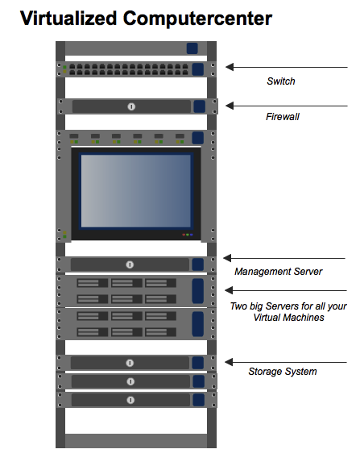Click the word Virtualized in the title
coord(68,19)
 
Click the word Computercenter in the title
coord(197,19)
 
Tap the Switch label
coord(281,81)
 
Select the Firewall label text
coord(283,117)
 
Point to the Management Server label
coord(278,271)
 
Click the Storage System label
coord(283,372)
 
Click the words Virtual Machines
coord(288,318)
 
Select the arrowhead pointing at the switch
coord(230,67)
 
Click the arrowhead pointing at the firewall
coord(230,106)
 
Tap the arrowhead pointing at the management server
coord(227,258)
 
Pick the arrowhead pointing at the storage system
coord(229,362)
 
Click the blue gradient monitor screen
coord(136,191)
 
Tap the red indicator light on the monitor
coord(184,235)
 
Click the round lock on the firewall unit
coord(131,106)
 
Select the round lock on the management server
coord(130,264)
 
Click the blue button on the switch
coord(197,69)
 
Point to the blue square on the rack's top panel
coord(192,48)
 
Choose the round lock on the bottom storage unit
coord(130,400)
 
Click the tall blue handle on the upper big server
coord(197,291)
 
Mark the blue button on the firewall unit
coord(200,106)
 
